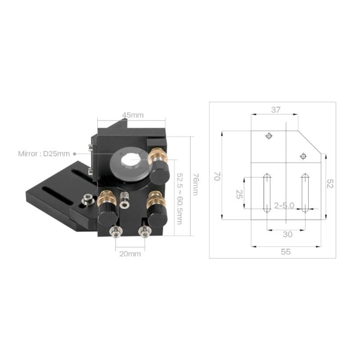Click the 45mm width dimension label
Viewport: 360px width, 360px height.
(133, 115)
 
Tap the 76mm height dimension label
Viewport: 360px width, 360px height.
(195, 184)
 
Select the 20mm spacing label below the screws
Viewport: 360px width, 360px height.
(130, 254)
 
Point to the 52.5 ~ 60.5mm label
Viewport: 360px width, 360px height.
(179, 198)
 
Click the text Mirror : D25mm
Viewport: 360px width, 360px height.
(44, 153)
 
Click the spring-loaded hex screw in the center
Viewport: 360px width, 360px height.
(125, 200)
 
